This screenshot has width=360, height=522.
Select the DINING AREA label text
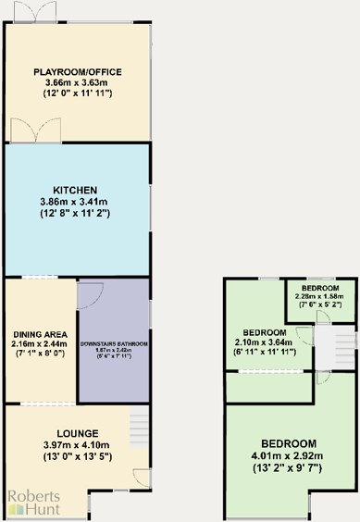tap(40, 335)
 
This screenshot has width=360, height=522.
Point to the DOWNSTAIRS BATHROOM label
tap(114, 343)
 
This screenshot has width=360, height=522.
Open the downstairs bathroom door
tap(93, 294)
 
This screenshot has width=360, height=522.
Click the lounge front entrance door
tap(140, 478)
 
